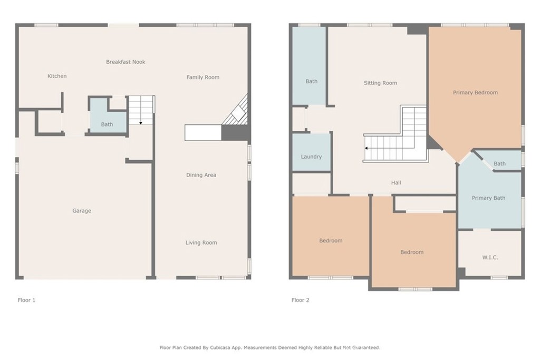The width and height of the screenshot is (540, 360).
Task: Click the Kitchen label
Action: [57, 76]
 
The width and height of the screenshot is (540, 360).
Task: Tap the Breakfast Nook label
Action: [126, 62]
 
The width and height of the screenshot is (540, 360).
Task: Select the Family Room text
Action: [203, 77]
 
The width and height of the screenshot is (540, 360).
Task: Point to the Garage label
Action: [82, 211]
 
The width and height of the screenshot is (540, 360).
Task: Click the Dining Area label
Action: [201, 175]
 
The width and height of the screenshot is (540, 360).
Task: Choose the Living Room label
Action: [201, 242]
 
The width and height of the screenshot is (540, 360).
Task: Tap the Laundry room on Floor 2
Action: [311, 152]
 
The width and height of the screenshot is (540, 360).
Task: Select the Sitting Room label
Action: [380, 83]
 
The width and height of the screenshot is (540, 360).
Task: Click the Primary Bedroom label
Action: [475, 93]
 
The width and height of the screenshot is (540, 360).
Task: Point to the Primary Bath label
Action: [488, 198]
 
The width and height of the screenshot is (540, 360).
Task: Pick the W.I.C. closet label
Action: [490, 257]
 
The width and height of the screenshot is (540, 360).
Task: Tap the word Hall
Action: [396, 183]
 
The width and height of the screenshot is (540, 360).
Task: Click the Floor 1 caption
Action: [26, 300]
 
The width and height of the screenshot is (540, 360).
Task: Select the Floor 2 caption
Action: [300, 300]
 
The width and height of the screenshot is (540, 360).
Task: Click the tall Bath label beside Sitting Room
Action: [311, 82]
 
